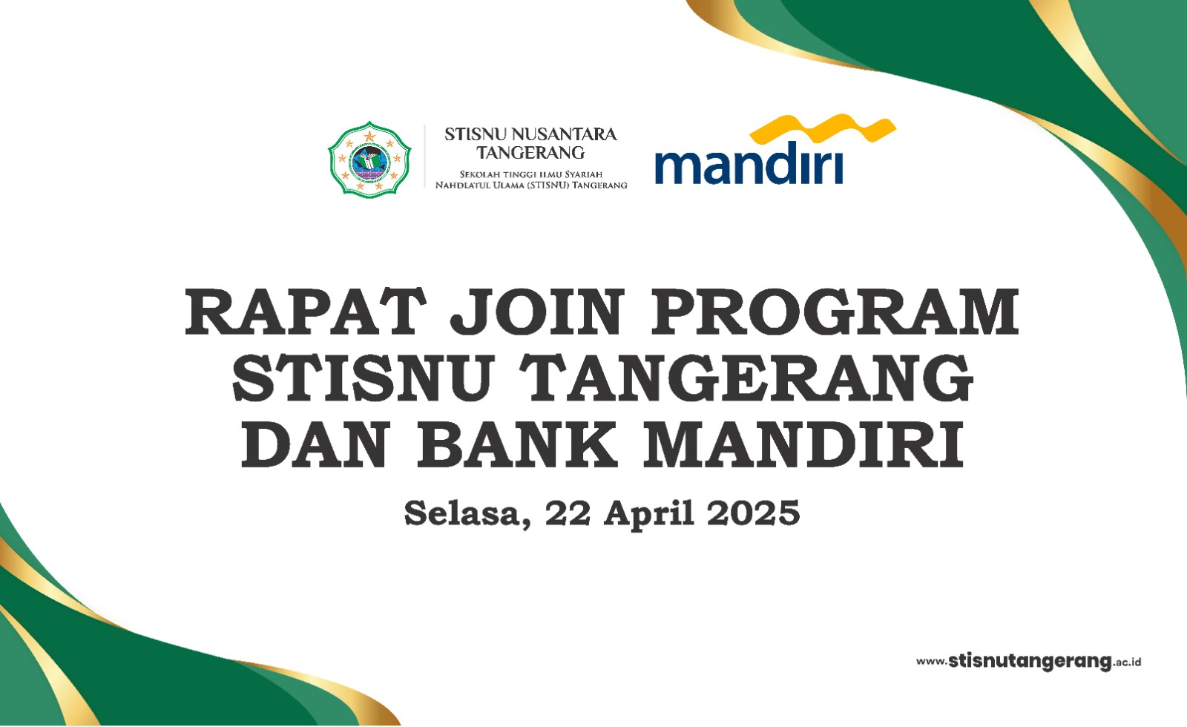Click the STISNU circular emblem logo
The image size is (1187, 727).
coord(369,159)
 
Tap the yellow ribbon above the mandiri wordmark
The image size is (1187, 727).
coord(823,129)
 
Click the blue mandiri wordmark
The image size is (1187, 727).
coord(749,162)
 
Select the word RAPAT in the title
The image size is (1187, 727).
coord(306,312)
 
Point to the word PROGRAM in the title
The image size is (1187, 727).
coord(834,312)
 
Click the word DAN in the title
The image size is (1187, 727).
coord(316,444)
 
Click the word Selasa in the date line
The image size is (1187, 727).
coord(467,513)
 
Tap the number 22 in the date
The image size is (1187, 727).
coord(568,513)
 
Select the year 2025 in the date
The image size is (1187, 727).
coord(754,513)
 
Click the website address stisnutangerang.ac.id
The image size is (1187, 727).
coord(1028,661)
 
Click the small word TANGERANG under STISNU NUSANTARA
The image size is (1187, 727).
coord(530,153)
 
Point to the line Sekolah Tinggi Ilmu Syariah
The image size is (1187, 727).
coord(531,174)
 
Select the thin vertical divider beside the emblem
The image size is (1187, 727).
coord(425,156)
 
